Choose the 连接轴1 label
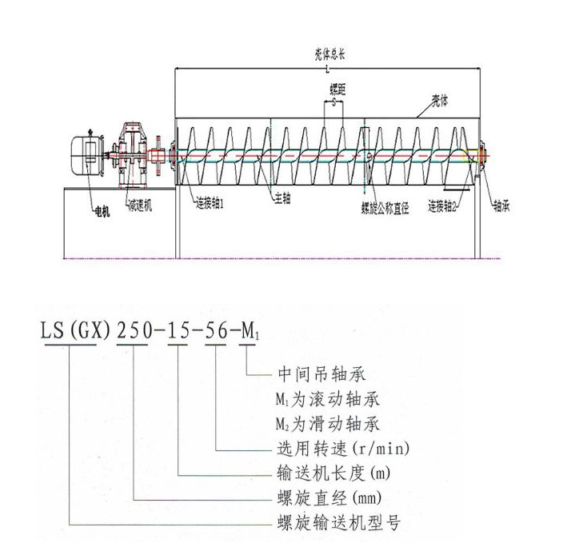pos(210,206)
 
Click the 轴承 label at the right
pos(501,206)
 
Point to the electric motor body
pos(85,152)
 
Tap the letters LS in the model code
pos(53,329)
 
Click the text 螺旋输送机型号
pos(327,524)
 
